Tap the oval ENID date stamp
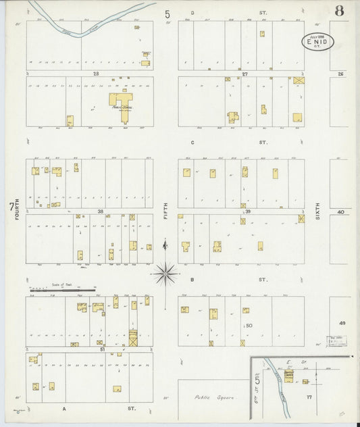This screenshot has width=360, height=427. click(x=317, y=42)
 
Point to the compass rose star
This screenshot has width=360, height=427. click(x=165, y=274)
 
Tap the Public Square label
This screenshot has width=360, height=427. click(x=215, y=398)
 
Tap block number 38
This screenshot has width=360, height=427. click(x=100, y=211)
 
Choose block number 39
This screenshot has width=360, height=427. click(x=247, y=211)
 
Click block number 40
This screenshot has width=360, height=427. click(x=341, y=211)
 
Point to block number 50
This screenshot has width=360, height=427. click(x=249, y=326)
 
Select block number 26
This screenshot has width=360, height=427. click(x=341, y=74)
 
